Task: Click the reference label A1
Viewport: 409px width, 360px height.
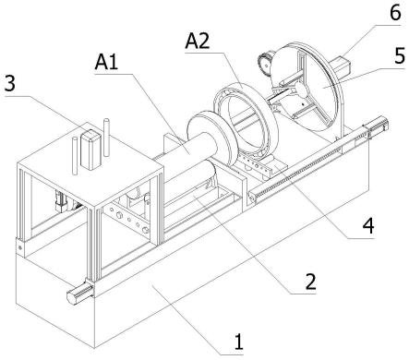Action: [x=106, y=64]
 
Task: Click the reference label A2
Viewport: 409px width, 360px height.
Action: [x=198, y=41]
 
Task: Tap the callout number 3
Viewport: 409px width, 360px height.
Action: [x=10, y=83]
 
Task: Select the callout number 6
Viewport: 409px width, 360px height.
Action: [x=395, y=13]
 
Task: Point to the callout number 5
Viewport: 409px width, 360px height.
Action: [x=399, y=56]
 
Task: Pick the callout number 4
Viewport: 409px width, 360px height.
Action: [x=368, y=226]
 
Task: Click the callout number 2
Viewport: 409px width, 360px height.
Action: [x=310, y=282]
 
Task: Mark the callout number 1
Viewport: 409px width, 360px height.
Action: [x=238, y=342]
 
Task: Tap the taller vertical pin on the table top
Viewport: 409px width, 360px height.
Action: [x=106, y=138]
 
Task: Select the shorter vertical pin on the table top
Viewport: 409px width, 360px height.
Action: [x=75, y=156]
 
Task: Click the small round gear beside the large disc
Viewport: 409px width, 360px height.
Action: [x=265, y=62]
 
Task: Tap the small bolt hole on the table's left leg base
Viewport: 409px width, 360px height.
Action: [x=20, y=247]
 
